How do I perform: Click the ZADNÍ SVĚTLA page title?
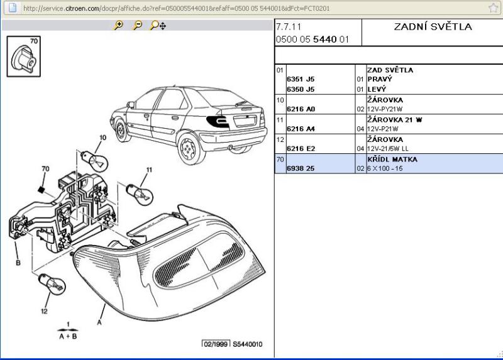pos(432,27)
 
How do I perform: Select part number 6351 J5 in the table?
pos(301,79)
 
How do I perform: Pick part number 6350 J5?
pos(301,89)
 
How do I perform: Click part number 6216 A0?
pos(301,109)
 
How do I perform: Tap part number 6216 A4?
pos(301,129)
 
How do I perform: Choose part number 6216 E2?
pos(301,149)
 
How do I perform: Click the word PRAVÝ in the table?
pos(379,79)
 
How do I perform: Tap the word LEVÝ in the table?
pos(377,89)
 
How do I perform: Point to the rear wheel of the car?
pos(187,150)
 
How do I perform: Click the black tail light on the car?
pos(219,122)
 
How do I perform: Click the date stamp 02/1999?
pos(214,344)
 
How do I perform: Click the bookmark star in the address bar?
pos(494,8)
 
